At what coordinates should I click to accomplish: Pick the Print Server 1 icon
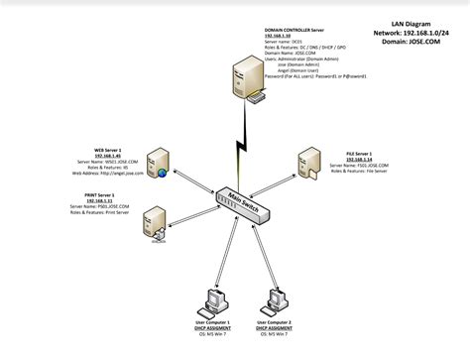pyautogui.click(x=155, y=219)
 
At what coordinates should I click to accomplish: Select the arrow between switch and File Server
pyautogui.click(x=283, y=185)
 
